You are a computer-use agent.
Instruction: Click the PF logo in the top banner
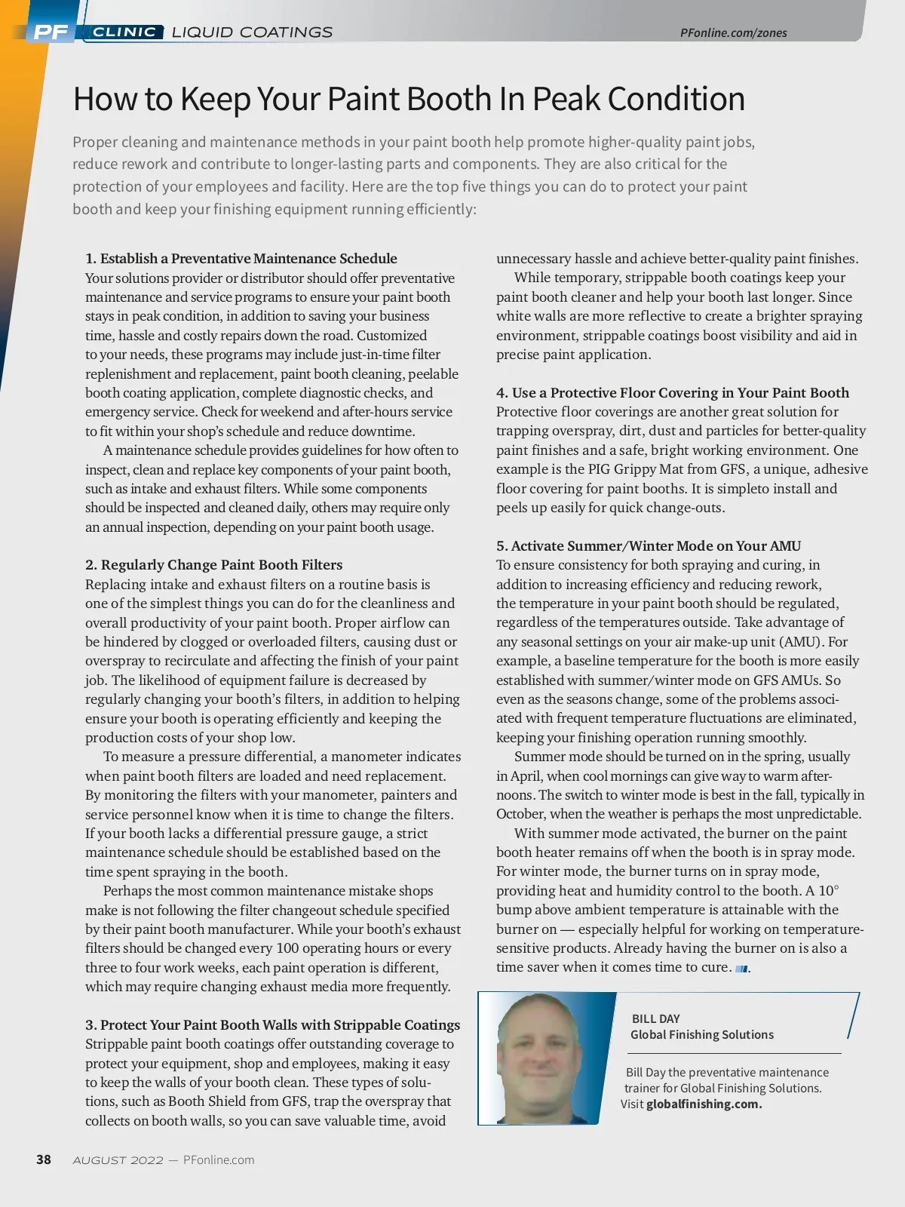click(51, 32)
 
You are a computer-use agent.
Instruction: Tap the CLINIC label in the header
click(124, 32)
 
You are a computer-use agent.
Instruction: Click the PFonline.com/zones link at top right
click(733, 32)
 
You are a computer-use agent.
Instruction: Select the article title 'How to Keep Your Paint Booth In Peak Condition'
click(409, 99)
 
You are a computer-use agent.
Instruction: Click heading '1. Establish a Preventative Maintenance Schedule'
click(241, 259)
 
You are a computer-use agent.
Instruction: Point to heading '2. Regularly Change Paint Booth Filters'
click(214, 565)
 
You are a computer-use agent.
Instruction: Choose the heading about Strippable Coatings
click(273, 1024)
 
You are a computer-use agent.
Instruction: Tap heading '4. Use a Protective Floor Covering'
click(673, 393)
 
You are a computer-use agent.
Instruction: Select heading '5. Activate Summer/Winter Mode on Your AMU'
click(649, 546)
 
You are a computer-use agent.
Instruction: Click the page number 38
click(44, 1159)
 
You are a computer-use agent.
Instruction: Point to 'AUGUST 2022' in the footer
click(118, 1160)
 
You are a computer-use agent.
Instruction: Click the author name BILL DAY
click(655, 1018)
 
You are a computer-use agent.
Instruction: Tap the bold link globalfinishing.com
click(704, 1104)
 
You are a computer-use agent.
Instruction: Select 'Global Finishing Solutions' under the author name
click(702, 1035)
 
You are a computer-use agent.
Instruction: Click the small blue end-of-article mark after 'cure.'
click(741, 969)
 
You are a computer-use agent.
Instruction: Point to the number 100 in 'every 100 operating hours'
click(288, 948)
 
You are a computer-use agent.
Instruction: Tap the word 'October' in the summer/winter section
click(520, 814)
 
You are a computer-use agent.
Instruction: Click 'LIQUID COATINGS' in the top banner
click(252, 32)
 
